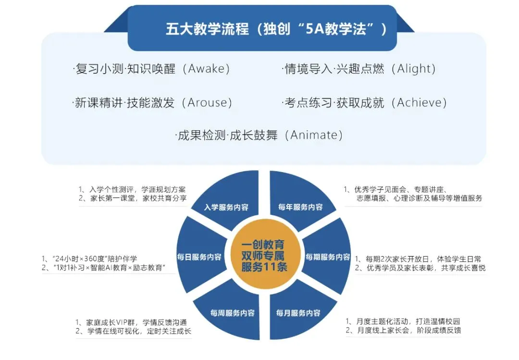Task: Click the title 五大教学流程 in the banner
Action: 207,29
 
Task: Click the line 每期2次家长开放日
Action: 418,258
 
